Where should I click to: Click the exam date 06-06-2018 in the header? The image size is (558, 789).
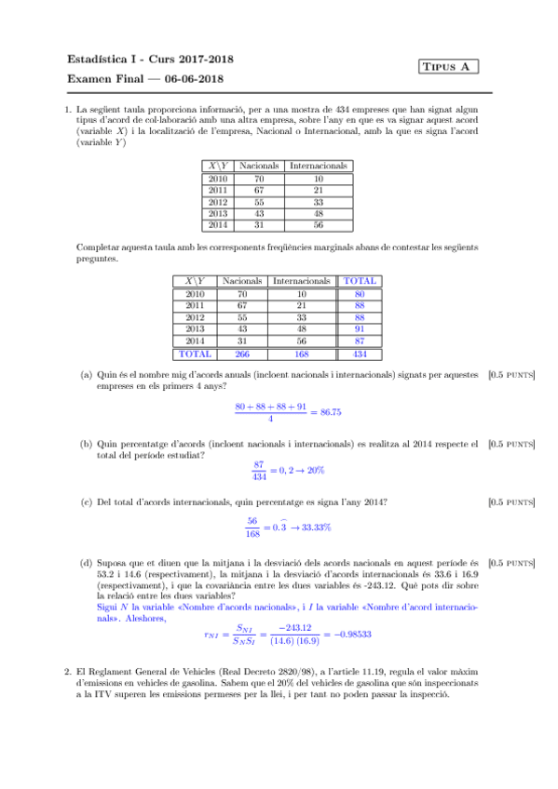(x=198, y=79)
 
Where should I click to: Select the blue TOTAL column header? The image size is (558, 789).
(x=360, y=280)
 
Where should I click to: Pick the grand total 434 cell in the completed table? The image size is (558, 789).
(x=360, y=354)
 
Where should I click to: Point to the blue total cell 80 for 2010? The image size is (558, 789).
(x=360, y=293)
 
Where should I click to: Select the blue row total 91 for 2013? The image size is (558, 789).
(x=360, y=328)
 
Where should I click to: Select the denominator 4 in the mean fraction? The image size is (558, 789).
(x=270, y=419)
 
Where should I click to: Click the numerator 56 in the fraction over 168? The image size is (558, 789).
(x=252, y=521)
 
